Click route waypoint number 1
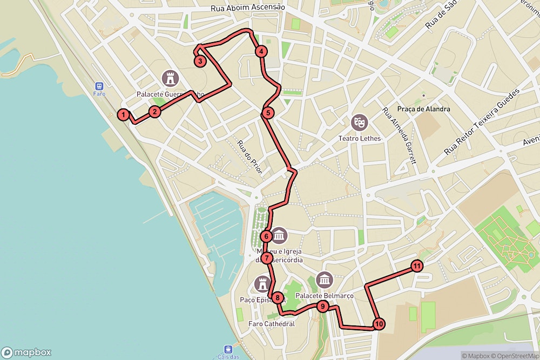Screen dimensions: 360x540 tap(124, 114)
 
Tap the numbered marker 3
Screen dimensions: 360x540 tap(200, 61)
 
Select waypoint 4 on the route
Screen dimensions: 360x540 tap(261, 52)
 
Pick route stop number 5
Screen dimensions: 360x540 tap(268, 113)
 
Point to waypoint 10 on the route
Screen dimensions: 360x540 tap(379, 324)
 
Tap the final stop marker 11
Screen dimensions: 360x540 tap(417, 266)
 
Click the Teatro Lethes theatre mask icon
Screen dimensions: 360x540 tap(359, 123)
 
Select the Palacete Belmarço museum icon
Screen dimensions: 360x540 tap(324, 280)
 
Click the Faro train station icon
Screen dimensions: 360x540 tap(99, 86)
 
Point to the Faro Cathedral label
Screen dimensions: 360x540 tap(271, 324)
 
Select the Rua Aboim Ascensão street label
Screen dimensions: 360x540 tap(248, 7)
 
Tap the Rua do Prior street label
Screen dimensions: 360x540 tap(250, 157)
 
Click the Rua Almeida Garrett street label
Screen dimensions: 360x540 tap(400, 135)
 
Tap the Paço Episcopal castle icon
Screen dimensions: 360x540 tap(263, 284)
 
